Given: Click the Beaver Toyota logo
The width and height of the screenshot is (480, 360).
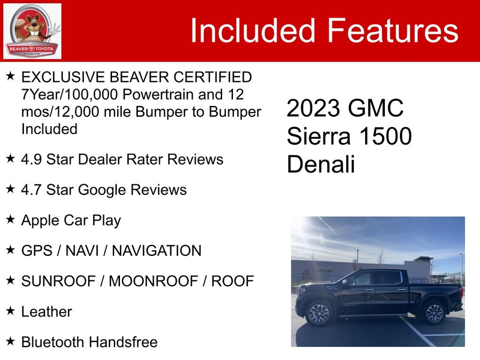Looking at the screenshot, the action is (x=32, y=31).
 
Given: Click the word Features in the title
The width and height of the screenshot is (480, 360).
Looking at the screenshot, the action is (x=393, y=30).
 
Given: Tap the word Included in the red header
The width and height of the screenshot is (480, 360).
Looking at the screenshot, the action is (x=253, y=30).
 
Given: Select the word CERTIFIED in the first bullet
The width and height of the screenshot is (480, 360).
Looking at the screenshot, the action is (x=212, y=77).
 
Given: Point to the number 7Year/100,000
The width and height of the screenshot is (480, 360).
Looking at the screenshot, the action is (x=70, y=95).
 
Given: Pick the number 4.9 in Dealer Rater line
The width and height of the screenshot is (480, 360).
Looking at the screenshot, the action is (x=31, y=159).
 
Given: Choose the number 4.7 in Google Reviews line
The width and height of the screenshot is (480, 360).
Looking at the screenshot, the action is (x=31, y=190).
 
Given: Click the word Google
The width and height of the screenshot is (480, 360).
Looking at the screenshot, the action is (x=102, y=190).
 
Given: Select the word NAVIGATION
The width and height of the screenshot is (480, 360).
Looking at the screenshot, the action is (x=157, y=250).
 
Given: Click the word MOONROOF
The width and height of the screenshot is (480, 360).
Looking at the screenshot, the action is (x=153, y=281).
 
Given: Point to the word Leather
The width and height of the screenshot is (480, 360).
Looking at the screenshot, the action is (x=47, y=312).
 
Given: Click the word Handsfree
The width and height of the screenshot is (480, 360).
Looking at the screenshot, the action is (x=123, y=342).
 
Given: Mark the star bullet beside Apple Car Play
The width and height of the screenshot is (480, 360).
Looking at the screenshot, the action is (x=10, y=219).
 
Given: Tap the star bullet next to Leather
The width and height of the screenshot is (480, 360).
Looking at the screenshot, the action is (x=10, y=311).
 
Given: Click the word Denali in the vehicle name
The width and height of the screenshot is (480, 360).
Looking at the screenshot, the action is (x=321, y=164).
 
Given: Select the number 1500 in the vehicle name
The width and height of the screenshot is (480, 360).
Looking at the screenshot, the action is (x=385, y=136).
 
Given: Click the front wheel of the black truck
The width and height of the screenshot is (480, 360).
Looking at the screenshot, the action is (x=319, y=314).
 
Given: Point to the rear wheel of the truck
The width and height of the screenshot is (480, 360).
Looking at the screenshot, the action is (x=434, y=313).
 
